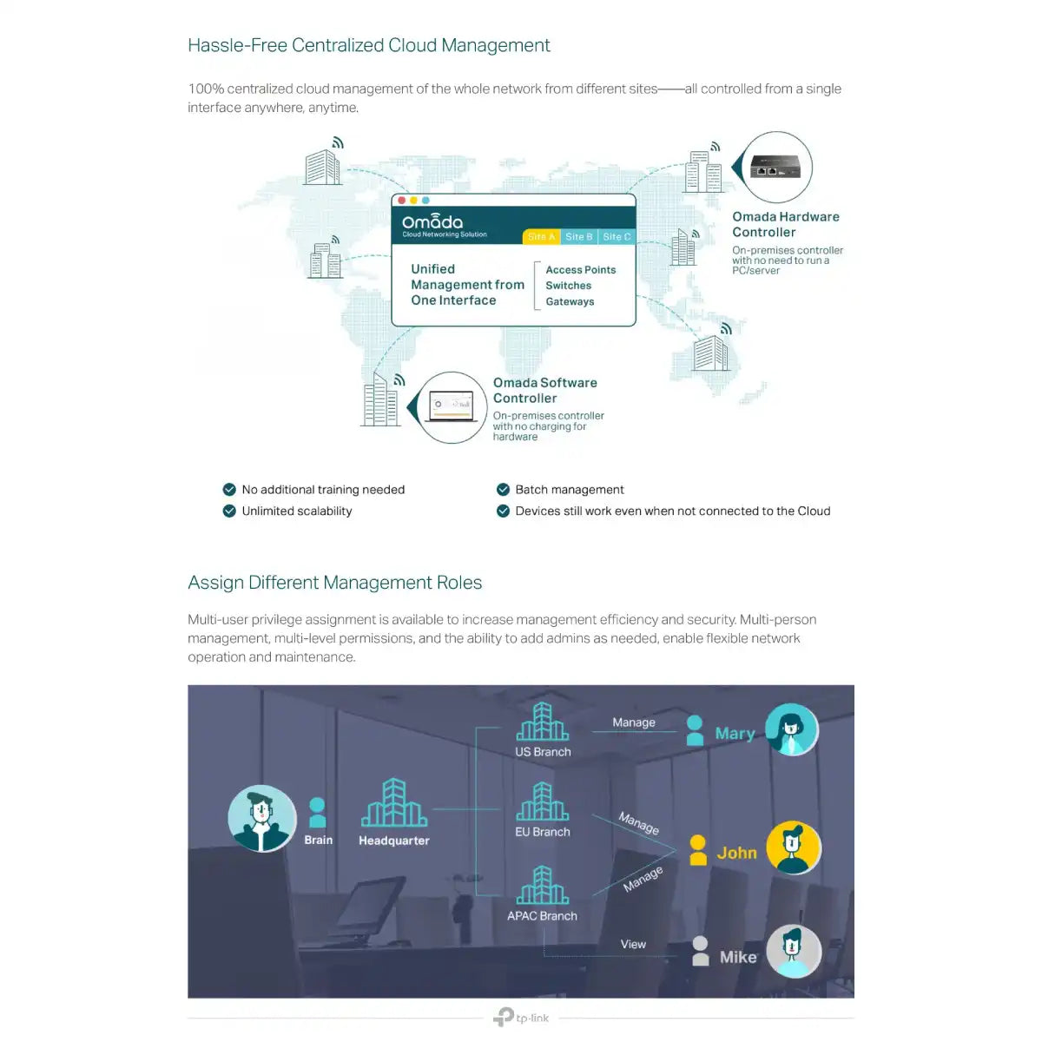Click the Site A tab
click(541, 236)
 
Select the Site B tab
click(579, 236)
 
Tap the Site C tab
click(617, 236)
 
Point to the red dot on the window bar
click(401, 201)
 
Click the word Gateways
click(570, 301)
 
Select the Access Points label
click(580, 269)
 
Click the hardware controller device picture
click(775, 167)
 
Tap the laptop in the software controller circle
click(451, 406)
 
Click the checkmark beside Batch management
click(503, 490)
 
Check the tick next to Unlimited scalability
click(229, 511)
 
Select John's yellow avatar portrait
click(794, 847)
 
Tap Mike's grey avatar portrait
click(794, 951)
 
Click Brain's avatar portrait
click(261, 818)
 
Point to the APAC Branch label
click(542, 915)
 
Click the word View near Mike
click(633, 944)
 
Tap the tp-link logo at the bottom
click(521, 1017)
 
